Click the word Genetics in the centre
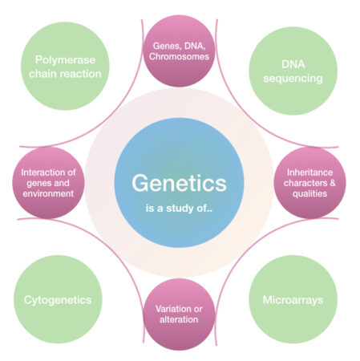[180, 183]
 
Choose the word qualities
[309, 193]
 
